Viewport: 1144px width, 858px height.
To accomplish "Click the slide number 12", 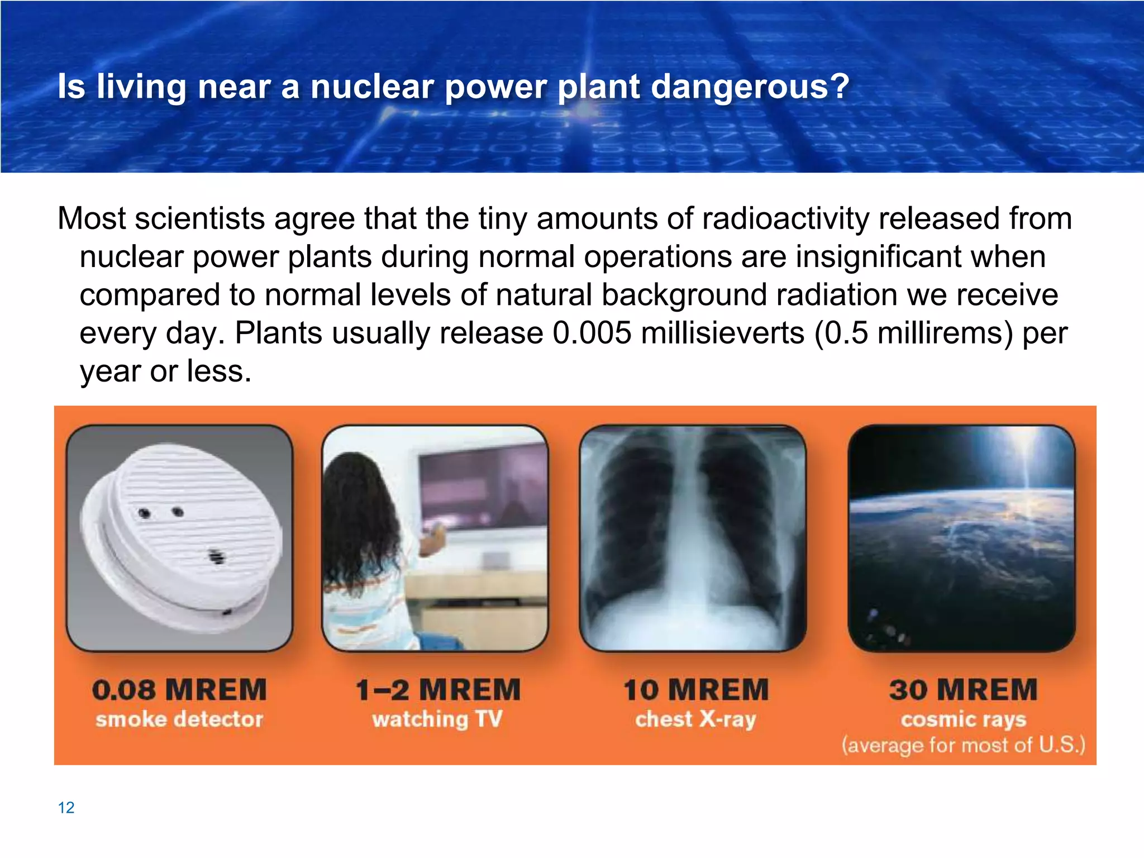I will pyautogui.click(x=66, y=808).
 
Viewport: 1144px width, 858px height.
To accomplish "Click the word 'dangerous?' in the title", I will pyautogui.click(x=750, y=87).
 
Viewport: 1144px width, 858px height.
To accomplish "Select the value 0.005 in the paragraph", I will pyautogui.click(x=592, y=333).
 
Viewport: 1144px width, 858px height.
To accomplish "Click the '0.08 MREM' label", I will pyautogui.click(x=179, y=690).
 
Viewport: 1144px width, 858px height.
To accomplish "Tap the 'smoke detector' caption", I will pyautogui.click(x=179, y=719).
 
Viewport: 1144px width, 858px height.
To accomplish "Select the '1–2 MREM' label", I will pyautogui.click(x=438, y=690).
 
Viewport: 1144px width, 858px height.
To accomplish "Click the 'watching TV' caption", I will pyautogui.click(x=438, y=719).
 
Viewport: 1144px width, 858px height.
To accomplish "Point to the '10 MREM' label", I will pyautogui.click(x=696, y=690).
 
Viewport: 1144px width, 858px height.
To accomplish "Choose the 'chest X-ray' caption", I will pyautogui.click(x=696, y=719).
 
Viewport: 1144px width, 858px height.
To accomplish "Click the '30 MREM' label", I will pyautogui.click(x=964, y=690).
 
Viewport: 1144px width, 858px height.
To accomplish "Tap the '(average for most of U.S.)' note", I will pyautogui.click(x=964, y=745).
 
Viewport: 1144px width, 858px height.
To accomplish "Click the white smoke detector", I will pyautogui.click(x=182, y=536).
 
